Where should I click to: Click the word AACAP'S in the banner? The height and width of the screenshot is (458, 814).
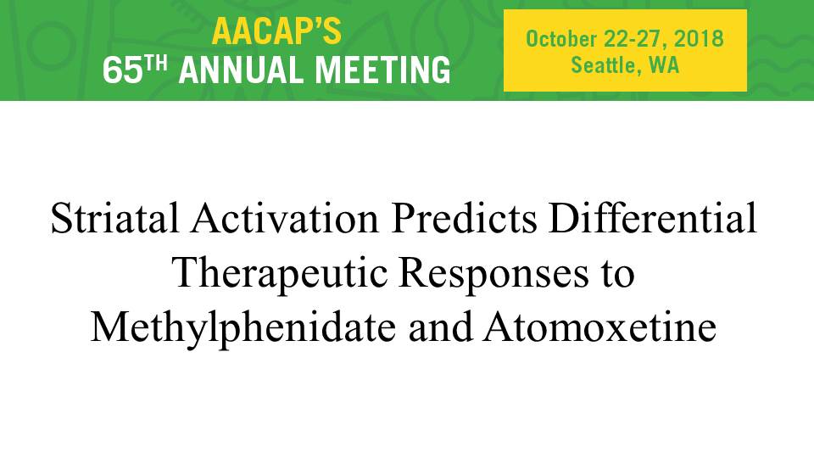pos(276,31)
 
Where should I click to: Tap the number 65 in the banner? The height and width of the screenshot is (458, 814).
pos(122,70)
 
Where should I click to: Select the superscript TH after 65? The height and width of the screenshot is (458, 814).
pos(156,64)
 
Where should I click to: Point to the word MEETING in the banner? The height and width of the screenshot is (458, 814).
pos(383,70)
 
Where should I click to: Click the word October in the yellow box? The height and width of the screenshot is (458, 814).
pos(561,40)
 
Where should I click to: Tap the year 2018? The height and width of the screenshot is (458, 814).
pos(699,39)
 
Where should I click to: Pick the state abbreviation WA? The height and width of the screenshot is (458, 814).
pos(664,65)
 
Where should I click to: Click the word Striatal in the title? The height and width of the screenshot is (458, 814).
pos(114,218)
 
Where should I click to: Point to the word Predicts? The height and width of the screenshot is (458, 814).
pos(465,218)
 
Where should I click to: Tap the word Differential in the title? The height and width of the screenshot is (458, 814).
pos(653,218)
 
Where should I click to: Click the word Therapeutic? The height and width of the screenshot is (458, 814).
pos(280,274)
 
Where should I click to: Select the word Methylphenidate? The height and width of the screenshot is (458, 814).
pos(243,329)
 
